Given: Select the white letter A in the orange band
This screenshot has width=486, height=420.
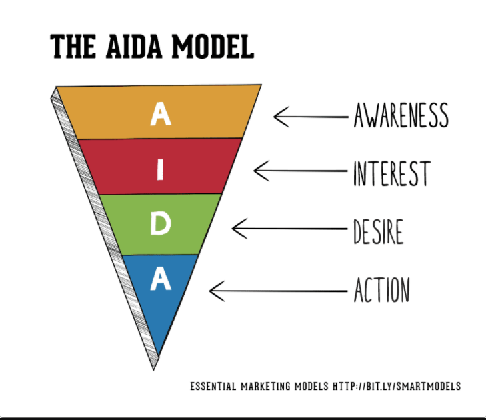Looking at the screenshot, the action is (160, 113).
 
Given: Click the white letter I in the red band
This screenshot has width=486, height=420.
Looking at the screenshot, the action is (159, 170).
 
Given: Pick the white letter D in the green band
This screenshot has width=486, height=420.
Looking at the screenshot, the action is (160, 225).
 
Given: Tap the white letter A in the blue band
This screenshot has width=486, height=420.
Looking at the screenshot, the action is (160, 279).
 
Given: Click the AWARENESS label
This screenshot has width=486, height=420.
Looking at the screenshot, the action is (401, 116).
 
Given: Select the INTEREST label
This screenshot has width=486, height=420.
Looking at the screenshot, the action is (391, 173).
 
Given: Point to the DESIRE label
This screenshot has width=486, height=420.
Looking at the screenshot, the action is (378, 231).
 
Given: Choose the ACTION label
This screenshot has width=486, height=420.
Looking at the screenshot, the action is (381, 289).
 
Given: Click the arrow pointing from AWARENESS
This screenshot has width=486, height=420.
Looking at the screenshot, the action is (311, 117).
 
